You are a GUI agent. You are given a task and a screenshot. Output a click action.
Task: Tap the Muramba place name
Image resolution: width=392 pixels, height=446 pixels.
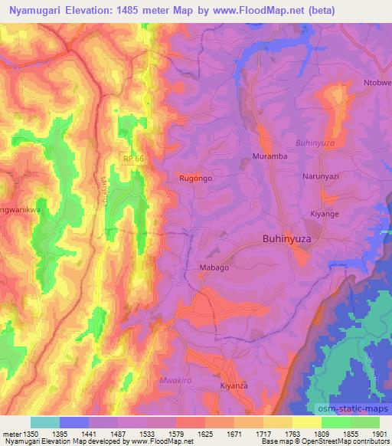coord(269,157)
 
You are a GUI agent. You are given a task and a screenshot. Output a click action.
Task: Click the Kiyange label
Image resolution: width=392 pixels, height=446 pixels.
coord(324,214)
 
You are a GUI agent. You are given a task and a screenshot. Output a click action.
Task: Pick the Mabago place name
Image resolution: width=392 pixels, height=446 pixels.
coord(214,268)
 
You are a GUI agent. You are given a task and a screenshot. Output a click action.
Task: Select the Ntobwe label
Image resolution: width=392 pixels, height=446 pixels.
coord(377,83)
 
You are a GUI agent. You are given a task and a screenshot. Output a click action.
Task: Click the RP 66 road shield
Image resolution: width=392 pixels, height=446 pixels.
coord(132,158)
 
